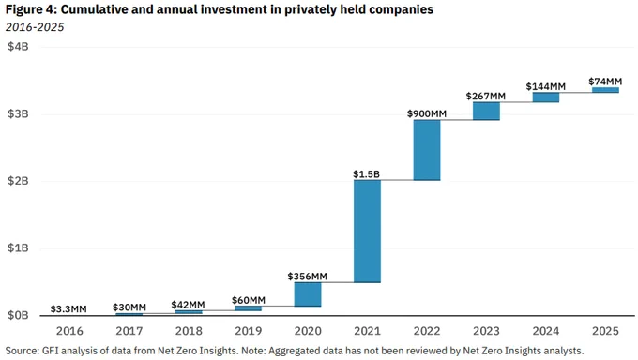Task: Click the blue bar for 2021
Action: coord(367,231)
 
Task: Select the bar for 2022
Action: coord(427,150)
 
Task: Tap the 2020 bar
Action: coord(308,294)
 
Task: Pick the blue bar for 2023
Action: coord(486,111)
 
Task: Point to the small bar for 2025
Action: coord(605,90)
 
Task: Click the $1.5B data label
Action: coord(366,174)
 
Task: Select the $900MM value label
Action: coord(427,113)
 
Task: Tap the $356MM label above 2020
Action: coord(307,277)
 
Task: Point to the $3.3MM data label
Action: coord(68,309)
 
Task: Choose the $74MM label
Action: coord(605,82)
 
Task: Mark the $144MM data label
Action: coord(546,86)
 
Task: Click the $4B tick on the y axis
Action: coord(19,47)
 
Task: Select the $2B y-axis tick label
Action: coord(19,181)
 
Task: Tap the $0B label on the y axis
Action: coord(19,315)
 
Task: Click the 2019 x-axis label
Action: coord(249,331)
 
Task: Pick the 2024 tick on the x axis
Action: coord(546,331)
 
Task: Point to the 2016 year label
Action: coord(69,331)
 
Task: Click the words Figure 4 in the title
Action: coord(31,9)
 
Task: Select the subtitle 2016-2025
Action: coord(35,27)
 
